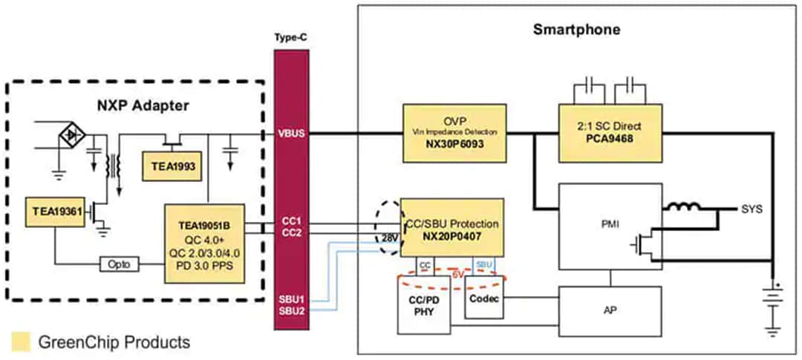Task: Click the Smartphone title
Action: click(576, 30)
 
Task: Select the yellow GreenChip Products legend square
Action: click(21, 341)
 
